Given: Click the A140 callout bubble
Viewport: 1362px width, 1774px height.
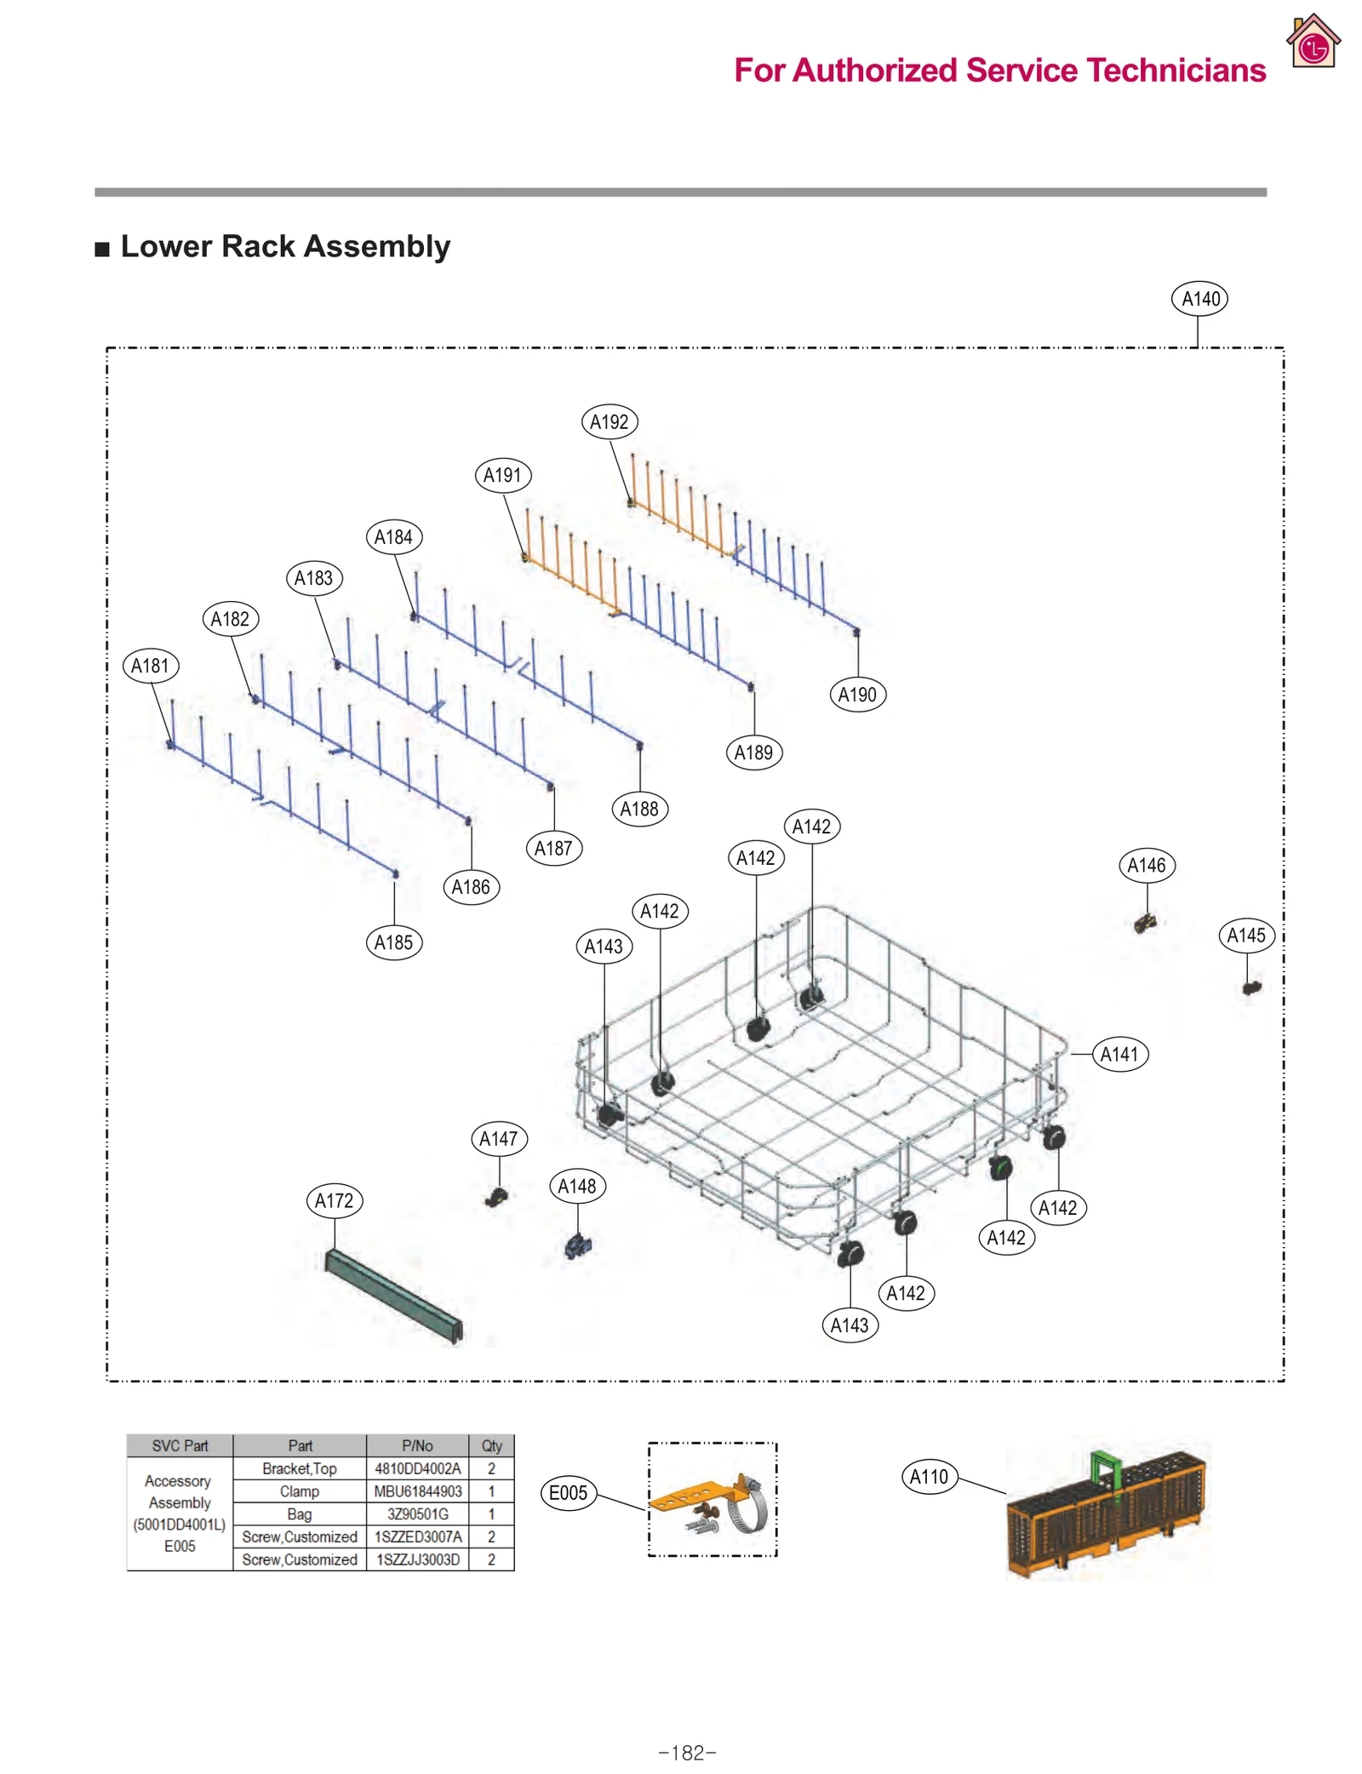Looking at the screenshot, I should point(1199,299).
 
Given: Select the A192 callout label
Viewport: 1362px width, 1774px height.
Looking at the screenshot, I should point(609,421).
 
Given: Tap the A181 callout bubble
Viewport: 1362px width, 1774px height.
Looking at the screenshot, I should point(151,666).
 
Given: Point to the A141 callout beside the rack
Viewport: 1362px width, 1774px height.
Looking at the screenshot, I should point(1119,1054).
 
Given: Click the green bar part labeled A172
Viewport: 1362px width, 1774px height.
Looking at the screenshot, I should point(393,1296).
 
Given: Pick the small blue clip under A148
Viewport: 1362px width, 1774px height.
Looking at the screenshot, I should point(578,1247).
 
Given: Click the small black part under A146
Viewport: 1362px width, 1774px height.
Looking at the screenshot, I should point(1145,923).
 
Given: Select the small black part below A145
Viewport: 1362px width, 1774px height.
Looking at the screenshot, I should point(1250,987).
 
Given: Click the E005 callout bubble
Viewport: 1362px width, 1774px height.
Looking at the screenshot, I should point(569,1493).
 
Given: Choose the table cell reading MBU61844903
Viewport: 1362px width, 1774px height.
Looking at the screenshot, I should point(417,1491).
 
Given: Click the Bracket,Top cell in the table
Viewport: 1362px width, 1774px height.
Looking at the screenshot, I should point(299,1468).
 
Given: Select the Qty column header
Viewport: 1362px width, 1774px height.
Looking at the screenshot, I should point(491,1445).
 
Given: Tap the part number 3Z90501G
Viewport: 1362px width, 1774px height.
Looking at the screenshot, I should point(417,1514).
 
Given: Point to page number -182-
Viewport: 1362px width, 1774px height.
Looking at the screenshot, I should point(687,1753).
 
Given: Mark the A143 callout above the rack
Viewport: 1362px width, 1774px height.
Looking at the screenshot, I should point(604,947).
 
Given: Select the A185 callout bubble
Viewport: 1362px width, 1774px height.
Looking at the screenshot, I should point(393,942).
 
